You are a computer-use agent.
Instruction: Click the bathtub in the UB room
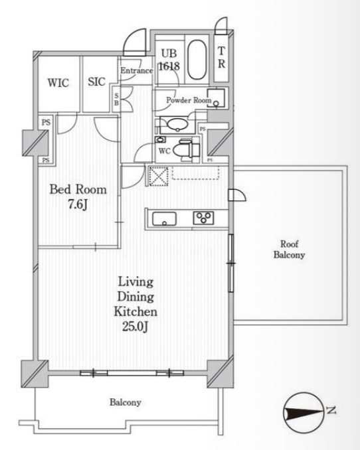(197, 60)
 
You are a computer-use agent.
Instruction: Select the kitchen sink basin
(164, 219)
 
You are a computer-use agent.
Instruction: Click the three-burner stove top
(203, 218)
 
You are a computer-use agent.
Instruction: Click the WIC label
(58, 83)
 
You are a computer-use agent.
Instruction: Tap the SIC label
(96, 82)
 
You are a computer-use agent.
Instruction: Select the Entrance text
(136, 70)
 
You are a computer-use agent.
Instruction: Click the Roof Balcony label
(289, 250)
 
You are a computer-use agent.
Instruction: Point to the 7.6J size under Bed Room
(78, 204)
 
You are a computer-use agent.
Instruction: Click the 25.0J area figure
(135, 327)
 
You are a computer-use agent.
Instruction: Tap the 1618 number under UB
(169, 66)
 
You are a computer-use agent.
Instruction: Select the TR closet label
(221, 57)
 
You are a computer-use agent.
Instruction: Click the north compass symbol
(304, 413)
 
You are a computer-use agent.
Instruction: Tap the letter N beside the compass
(331, 410)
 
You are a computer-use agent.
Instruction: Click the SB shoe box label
(116, 100)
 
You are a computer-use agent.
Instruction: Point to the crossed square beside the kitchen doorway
(158, 176)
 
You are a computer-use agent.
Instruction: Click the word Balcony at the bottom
(126, 402)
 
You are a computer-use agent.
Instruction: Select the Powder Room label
(189, 100)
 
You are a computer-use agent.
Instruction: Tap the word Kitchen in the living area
(135, 311)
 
